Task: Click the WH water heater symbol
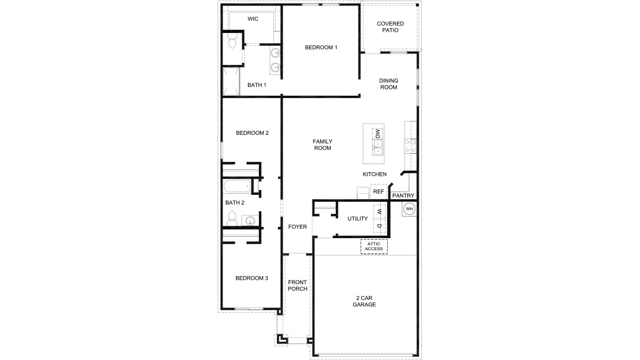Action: (x=409, y=209)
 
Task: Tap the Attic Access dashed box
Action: (x=374, y=246)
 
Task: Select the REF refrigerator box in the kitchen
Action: (x=378, y=192)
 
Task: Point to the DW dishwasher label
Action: (x=378, y=133)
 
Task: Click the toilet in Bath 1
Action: (x=232, y=42)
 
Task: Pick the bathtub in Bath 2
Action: (x=237, y=187)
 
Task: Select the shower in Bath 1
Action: (x=231, y=82)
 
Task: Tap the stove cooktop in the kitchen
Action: (x=410, y=145)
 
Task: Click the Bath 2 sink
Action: (x=250, y=220)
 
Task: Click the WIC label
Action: (x=253, y=19)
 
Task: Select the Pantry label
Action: (x=403, y=195)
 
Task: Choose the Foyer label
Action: (x=298, y=226)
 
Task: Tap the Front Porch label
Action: (x=297, y=285)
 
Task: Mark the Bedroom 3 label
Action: (x=252, y=278)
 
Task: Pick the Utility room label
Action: (x=358, y=219)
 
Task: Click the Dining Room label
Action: (x=389, y=84)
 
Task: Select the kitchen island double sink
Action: (x=377, y=144)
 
